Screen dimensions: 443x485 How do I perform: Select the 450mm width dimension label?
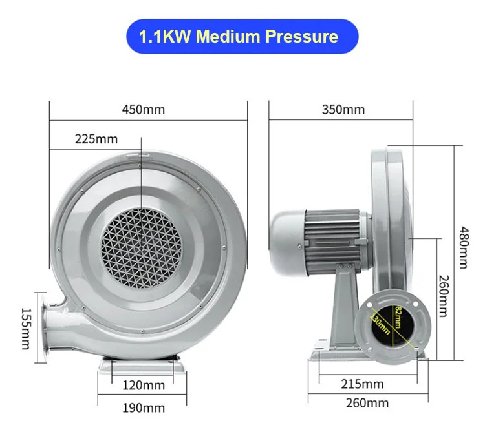[144, 109]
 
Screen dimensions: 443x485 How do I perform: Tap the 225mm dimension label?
[96, 138]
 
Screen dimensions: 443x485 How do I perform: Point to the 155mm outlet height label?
[25, 327]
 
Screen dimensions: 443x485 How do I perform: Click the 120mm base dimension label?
[144, 386]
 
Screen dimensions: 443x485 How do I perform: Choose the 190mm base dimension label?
[144, 407]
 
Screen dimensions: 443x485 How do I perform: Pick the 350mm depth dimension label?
[343, 109]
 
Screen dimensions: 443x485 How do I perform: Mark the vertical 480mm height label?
[464, 248]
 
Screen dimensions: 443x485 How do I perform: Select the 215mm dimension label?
[363, 384]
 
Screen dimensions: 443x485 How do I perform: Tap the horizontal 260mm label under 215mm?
[368, 403]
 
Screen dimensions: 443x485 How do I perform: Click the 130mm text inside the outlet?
[380, 322]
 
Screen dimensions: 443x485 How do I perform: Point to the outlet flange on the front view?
[49, 327]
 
